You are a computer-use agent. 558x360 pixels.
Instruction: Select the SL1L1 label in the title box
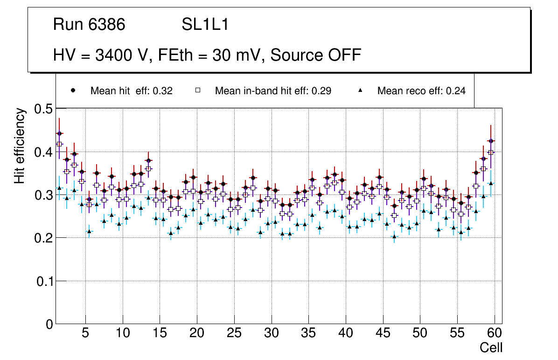pyautogui.click(x=205, y=25)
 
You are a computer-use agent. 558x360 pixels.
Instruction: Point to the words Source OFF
pyautogui.click(x=316, y=55)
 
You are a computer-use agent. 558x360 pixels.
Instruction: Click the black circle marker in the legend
pyautogui.click(x=73, y=91)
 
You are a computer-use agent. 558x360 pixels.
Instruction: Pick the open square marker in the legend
pyautogui.click(x=197, y=91)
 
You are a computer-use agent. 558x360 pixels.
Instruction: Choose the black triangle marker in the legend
pyautogui.click(x=360, y=91)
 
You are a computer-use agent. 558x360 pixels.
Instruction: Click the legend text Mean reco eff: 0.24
pyautogui.click(x=421, y=91)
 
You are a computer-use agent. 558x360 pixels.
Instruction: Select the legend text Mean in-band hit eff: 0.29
pyautogui.click(x=273, y=91)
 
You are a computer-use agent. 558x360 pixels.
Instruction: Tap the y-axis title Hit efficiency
pyautogui.click(x=19, y=145)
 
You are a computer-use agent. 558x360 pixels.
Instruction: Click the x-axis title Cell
pyautogui.click(x=491, y=347)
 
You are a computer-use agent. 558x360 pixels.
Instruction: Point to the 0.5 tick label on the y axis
pyautogui.click(x=44, y=109)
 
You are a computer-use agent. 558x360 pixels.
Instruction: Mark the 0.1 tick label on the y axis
pyautogui.click(x=44, y=281)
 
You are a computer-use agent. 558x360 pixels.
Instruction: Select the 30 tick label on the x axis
pyautogui.click(x=271, y=334)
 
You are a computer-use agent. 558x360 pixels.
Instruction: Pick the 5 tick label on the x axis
pyautogui.click(x=85, y=334)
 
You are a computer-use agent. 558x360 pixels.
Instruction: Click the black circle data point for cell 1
pyautogui.click(x=59, y=133)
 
